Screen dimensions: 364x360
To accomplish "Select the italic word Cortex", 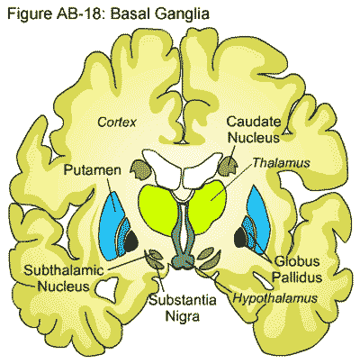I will (x=122, y=121).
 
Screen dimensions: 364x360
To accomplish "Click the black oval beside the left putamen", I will (x=130, y=241).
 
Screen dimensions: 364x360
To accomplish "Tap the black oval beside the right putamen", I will (x=241, y=239).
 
